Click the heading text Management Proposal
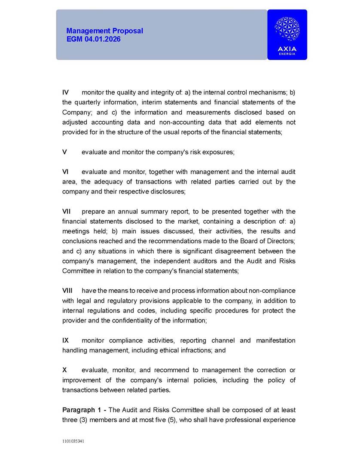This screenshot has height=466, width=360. click(x=104, y=31)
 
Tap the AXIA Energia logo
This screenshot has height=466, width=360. click(x=287, y=34)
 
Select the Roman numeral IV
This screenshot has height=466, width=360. click(x=66, y=92)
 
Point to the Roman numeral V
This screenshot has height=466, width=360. click(x=64, y=152)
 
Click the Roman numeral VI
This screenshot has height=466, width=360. click(x=66, y=172)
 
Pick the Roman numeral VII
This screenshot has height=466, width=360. click(x=67, y=212)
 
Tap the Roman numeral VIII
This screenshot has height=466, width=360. click(x=67, y=291)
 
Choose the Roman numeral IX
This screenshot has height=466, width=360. click(x=66, y=340)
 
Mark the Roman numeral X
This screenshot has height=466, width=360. click(x=64, y=370)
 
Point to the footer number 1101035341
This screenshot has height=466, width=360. click(x=73, y=441)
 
